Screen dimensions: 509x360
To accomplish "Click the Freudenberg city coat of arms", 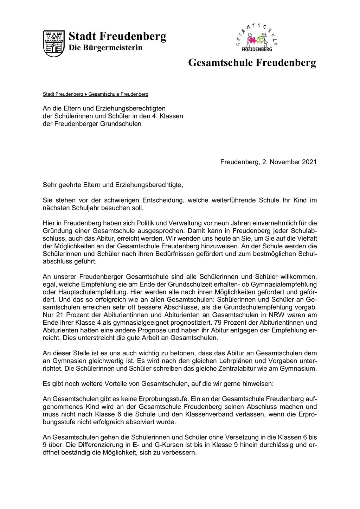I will pyautogui.click(x=54, y=43).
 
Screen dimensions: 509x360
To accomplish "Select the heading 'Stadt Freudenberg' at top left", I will pyautogui.click(x=117, y=36).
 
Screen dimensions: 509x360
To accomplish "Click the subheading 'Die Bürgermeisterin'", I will pyautogui.click(x=105, y=48).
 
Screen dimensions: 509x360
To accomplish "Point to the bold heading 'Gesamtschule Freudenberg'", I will pyautogui.click(x=252, y=63).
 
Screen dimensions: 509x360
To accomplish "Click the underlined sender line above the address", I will pyautogui.click(x=95, y=94).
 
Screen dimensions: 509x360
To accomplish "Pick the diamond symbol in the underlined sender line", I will pyautogui.click(x=86, y=94).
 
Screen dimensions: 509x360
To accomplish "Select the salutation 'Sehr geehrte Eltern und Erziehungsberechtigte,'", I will pyautogui.click(x=113, y=185).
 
